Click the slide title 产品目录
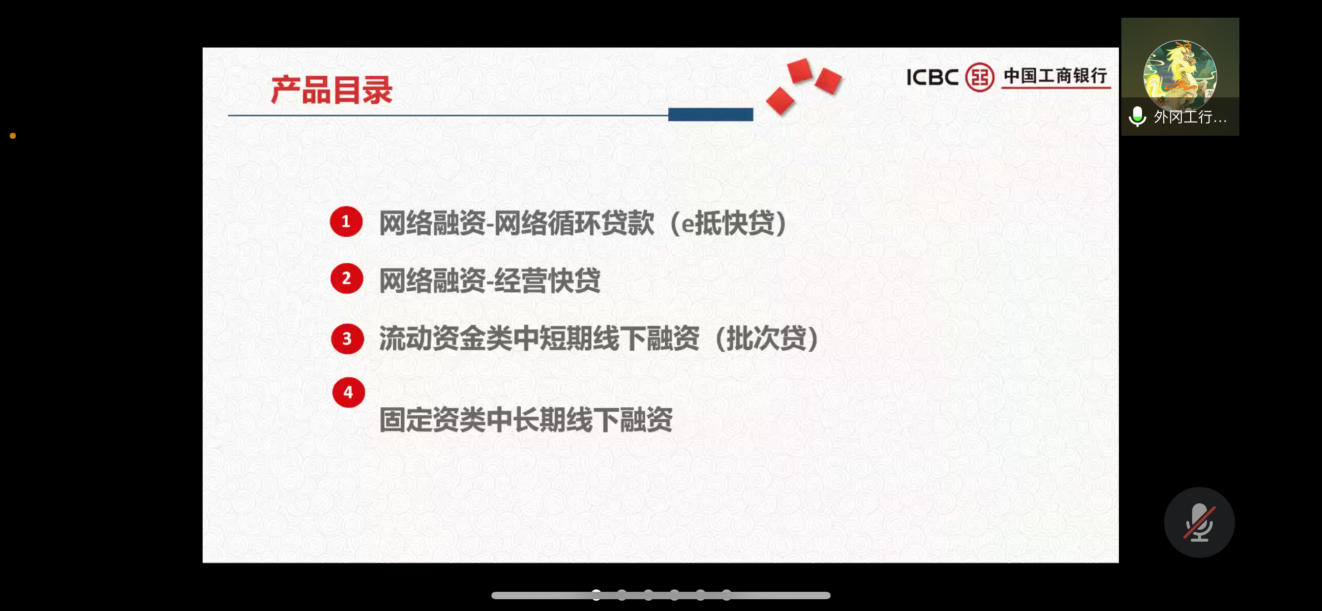331,91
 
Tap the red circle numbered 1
346,221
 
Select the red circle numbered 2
346,278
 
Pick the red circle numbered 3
347,338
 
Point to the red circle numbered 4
349,392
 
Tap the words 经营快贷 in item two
547,281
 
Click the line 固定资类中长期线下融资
526,420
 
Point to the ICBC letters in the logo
932,78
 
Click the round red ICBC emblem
980,77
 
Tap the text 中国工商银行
1055,76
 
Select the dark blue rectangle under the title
710,115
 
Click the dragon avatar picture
1180,74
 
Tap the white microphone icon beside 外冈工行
1137,117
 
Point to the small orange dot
13,136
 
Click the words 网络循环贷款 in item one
574,223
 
